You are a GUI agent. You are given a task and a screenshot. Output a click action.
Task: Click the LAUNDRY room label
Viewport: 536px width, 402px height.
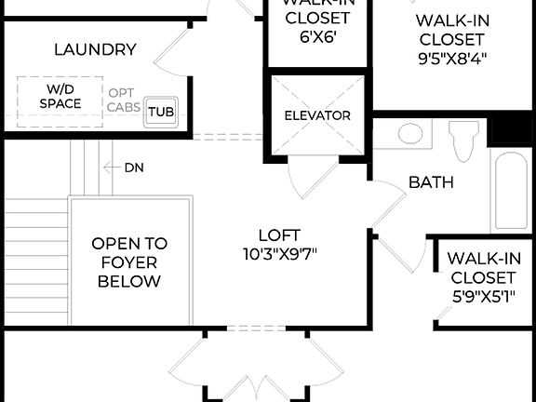pos(96,49)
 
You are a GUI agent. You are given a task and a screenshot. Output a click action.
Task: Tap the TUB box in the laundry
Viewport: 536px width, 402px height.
pos(161,112)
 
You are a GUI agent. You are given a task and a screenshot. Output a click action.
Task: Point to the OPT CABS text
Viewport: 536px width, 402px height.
pos(125,100)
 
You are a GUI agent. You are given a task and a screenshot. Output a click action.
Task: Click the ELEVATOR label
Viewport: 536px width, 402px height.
pos(317,115)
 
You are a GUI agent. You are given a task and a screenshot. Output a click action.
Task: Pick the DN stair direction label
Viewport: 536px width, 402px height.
pos(134,167)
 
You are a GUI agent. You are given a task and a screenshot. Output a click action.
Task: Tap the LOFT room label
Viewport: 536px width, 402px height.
pos(280,235)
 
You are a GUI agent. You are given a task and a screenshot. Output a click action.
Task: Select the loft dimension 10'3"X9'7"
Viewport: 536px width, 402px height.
pos(280,253)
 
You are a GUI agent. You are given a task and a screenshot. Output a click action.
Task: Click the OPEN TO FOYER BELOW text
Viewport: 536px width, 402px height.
pos(129,261)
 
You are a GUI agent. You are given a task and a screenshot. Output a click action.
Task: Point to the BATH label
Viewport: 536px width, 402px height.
pos(431,182)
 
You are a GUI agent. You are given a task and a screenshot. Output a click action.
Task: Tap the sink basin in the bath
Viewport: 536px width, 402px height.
pos(410,134)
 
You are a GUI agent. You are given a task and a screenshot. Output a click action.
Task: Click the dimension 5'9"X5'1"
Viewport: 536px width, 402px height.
pos(481,297)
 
